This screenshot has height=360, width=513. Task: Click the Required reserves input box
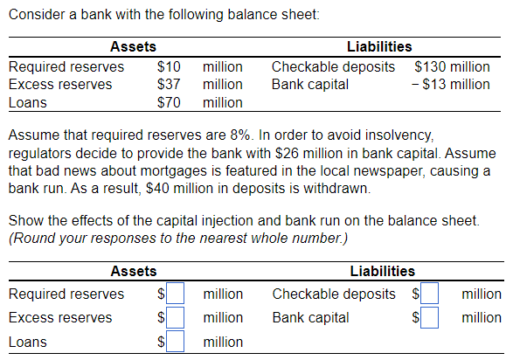[177, 294]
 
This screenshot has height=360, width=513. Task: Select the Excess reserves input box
[177, 316]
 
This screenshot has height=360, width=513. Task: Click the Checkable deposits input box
[431, 294]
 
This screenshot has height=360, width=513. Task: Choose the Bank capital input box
[431, 316]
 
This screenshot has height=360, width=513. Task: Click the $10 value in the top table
[168, 66]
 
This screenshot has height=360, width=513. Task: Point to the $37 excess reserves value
[168, 84]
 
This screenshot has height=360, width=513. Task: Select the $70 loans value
[168, 102]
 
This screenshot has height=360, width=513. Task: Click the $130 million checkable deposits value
[451, 66]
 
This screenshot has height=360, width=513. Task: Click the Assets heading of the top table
[133, 46]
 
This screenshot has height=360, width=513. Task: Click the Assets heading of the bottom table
[133, 272]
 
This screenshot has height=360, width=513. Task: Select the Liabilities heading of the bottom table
[382, 272]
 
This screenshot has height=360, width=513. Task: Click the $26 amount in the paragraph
[249, 153]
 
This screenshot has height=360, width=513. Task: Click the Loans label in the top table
[27, 102]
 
